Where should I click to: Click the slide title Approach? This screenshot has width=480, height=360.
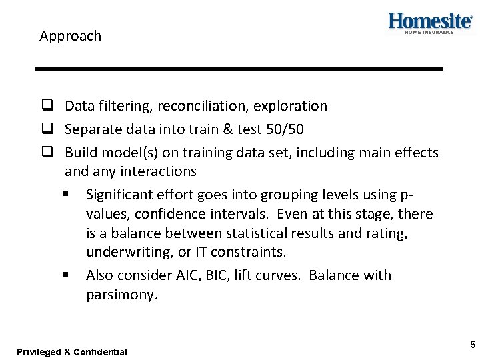tap(70, 36)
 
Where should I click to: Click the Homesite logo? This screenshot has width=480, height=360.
tap(430, 22)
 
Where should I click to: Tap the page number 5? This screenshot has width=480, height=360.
tap(473, 345)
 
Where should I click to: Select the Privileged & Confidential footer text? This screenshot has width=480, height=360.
tap(72, 351)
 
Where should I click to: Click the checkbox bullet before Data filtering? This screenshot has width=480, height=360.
tap(47, 106)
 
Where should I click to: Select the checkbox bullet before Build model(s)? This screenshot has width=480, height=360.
tap(47, 153)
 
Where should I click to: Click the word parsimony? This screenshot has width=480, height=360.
tap(121, 295)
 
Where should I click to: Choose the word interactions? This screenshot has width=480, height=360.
tap(159, 171)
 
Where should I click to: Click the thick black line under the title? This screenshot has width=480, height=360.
tap(239, 69)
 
